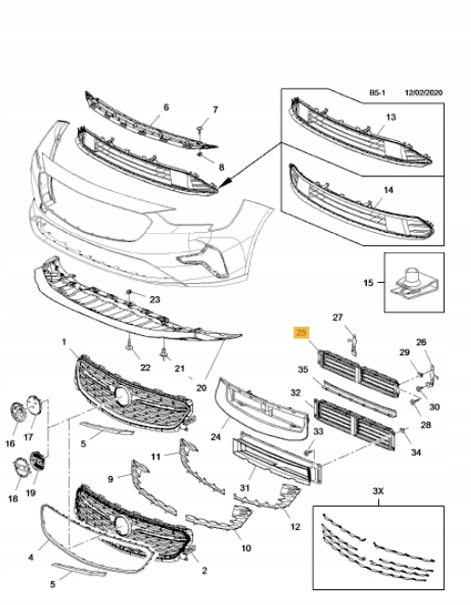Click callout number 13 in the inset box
tap(390, 117)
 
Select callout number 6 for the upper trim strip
tap(166, 108)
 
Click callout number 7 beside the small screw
tap(215, 109)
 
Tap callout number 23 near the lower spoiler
tap(154, 299)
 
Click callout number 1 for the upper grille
tap(64, 342)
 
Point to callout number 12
tap(295, 526)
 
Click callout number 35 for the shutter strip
tap(303, 369)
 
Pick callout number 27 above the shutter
tap(338, 317)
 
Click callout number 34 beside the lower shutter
tap(415, 452)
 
